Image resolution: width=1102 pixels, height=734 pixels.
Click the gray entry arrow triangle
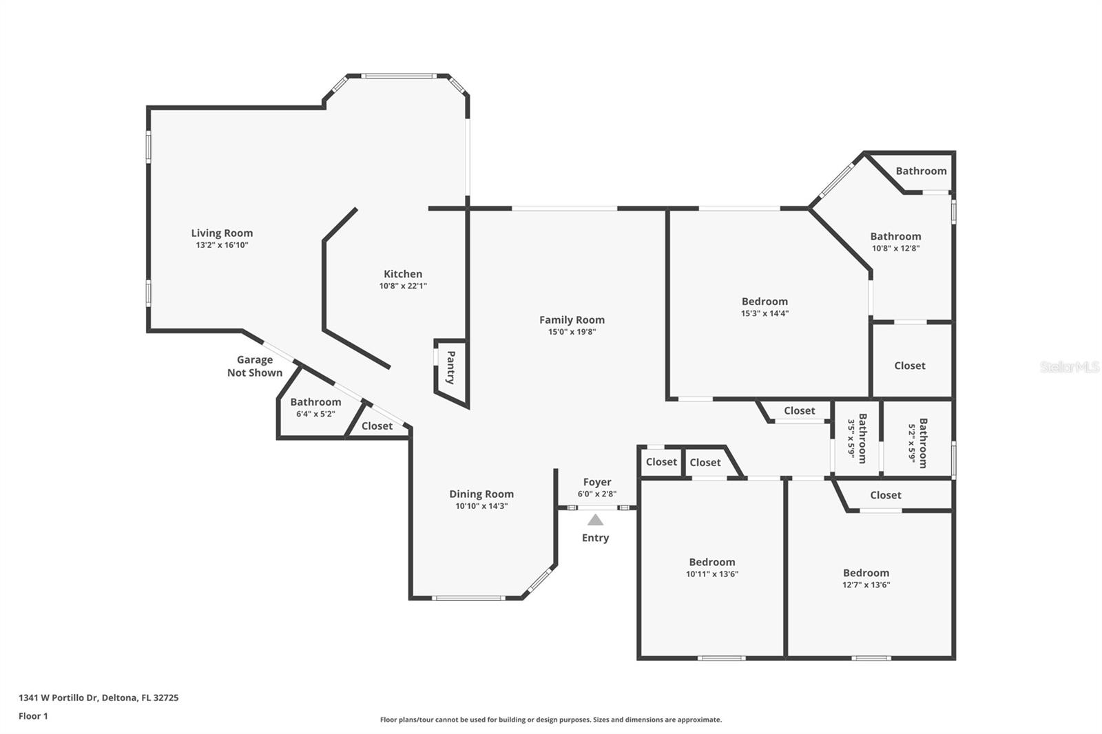pos(595,519)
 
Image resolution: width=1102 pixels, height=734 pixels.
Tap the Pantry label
pos(450,367)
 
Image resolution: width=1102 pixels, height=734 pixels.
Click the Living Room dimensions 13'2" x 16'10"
pos(222,245)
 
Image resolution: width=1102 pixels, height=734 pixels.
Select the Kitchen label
pos(403,274)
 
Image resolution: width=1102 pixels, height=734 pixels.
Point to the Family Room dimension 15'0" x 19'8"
pos(572,332)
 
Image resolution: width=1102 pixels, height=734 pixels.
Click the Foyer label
pos(597,482)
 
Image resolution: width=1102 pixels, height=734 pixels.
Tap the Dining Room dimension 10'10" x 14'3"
pos(481,505)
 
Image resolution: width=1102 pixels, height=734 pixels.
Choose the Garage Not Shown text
pos(255,366)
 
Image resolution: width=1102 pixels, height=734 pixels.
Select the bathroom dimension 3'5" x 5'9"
pos(851,438)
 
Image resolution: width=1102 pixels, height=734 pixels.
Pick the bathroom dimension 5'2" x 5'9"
pos(912,443)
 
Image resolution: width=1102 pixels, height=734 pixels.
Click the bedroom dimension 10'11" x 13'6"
pos(712,574)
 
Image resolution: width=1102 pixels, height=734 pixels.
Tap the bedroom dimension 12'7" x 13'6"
pos(866,585)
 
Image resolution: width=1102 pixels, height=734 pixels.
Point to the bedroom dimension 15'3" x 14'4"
pos(765,313)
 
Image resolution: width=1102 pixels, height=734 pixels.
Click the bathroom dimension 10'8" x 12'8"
pos(896,248)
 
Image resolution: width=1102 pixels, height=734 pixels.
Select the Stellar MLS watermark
pos(1070,366)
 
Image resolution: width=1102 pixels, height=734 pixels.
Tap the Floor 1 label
pos(34,716)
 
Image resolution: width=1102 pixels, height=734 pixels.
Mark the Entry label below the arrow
pos(595,538)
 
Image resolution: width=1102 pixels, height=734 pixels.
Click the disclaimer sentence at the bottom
pos(551,720)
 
